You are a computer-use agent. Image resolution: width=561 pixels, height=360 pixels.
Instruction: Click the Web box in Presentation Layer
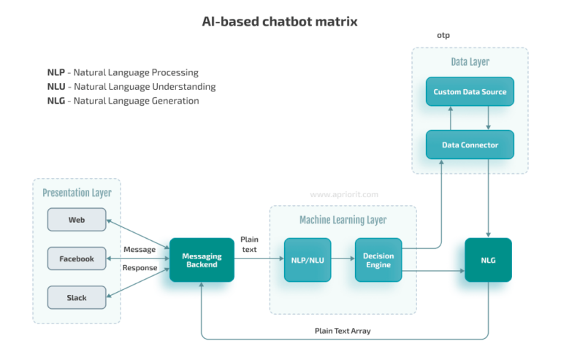[77, 220]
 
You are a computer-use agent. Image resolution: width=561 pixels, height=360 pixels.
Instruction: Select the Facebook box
[77, 258]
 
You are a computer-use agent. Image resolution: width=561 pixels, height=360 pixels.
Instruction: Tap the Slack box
[77, 297]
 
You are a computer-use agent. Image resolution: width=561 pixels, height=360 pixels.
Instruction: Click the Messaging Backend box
[202, 260]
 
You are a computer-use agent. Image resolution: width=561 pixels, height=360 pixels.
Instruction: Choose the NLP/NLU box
[307, 260]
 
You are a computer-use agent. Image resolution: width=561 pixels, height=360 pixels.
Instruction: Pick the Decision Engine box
[378, 260]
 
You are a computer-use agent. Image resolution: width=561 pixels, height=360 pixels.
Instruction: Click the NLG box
[488, 260]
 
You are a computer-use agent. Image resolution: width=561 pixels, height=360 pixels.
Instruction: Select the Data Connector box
[470, 145]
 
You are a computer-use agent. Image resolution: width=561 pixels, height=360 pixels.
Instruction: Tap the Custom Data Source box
[470, 92]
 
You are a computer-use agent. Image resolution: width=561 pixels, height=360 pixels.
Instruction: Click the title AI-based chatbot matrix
[280, 21]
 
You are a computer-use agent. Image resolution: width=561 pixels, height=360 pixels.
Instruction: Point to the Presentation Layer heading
[77, 193]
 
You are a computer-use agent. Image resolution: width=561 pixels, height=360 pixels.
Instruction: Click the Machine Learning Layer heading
[343, 220]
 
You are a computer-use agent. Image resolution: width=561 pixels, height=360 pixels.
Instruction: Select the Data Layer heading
[470, 63]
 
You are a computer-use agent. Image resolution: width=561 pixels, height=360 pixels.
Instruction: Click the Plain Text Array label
[343, 331]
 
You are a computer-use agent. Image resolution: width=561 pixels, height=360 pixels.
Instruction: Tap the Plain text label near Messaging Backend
[249, 245]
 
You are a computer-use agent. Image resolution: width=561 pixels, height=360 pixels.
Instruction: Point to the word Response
[140, 267]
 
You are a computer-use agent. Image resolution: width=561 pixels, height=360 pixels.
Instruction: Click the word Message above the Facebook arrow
[140, 250]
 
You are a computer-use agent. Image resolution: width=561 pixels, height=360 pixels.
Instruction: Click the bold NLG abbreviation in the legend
[56, 101]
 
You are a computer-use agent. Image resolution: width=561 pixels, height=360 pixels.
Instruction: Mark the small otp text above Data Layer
[444, 35]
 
